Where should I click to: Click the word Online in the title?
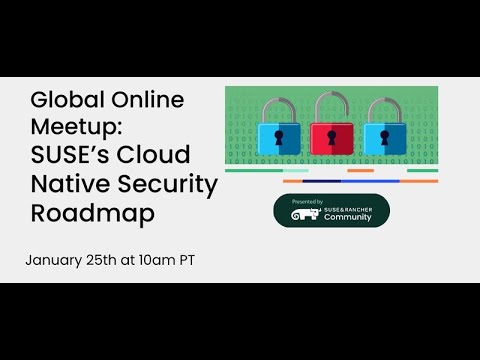click(x=148, y=100)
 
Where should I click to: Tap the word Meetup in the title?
click(x=72, y=128)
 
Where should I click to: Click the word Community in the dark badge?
click(x=347, y=217)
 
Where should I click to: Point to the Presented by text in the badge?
click(x=307, y=201)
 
